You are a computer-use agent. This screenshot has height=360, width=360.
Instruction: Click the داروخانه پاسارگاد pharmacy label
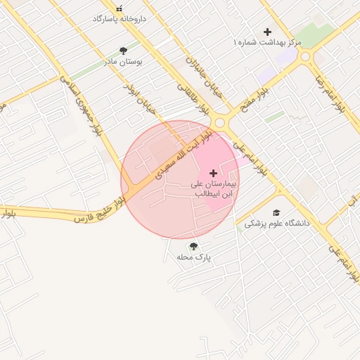(119, 18)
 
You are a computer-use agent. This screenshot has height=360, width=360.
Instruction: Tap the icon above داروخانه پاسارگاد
(119, 8)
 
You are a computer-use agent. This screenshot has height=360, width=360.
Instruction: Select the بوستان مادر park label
(124, 61)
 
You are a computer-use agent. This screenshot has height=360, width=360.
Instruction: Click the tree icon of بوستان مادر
(124, 51)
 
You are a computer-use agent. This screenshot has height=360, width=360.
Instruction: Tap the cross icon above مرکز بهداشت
(267, 32)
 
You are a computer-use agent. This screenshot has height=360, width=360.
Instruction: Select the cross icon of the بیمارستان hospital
(214, 173)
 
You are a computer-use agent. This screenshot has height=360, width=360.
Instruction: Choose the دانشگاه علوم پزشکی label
(277, 223)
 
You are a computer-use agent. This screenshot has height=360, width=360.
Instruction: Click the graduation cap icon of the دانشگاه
(276, 212)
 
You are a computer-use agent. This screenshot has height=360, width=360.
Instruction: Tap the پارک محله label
(194, 257)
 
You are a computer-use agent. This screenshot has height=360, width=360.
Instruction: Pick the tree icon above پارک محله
(193, 247)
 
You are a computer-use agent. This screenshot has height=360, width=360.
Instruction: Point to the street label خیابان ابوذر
(139, 99)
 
